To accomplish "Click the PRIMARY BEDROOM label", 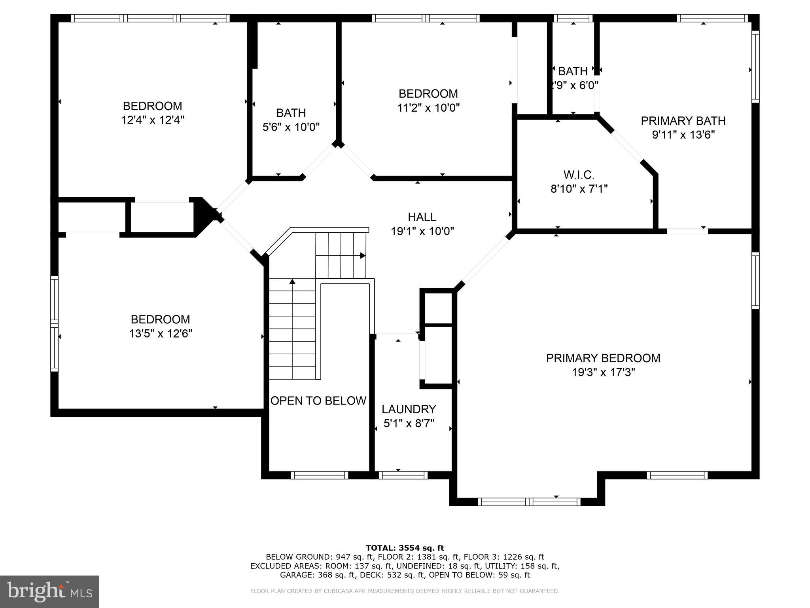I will point(603,358).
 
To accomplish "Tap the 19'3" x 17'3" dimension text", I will point(603,372).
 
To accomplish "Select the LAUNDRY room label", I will point(409,409).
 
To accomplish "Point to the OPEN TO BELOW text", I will point(318,401).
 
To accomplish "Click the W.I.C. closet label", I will point(579,175).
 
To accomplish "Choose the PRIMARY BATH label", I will point(683,121).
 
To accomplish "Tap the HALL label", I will point(422,217).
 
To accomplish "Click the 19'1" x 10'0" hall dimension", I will point(422,231).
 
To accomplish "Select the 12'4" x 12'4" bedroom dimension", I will point(152,120).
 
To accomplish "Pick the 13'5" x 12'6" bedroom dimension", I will point(160,334).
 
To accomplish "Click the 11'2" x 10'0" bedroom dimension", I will point(428,108).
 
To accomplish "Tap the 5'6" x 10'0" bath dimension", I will point(291,127).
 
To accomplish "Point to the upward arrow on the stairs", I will point(292,282).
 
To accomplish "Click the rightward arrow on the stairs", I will point(362,256).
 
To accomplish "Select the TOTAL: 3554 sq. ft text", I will point(405,548).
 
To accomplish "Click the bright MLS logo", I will point(49,592).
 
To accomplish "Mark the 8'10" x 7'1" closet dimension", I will point(579,189).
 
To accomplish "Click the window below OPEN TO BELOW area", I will point(320,475).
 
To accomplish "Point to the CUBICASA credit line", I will point(405,591).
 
